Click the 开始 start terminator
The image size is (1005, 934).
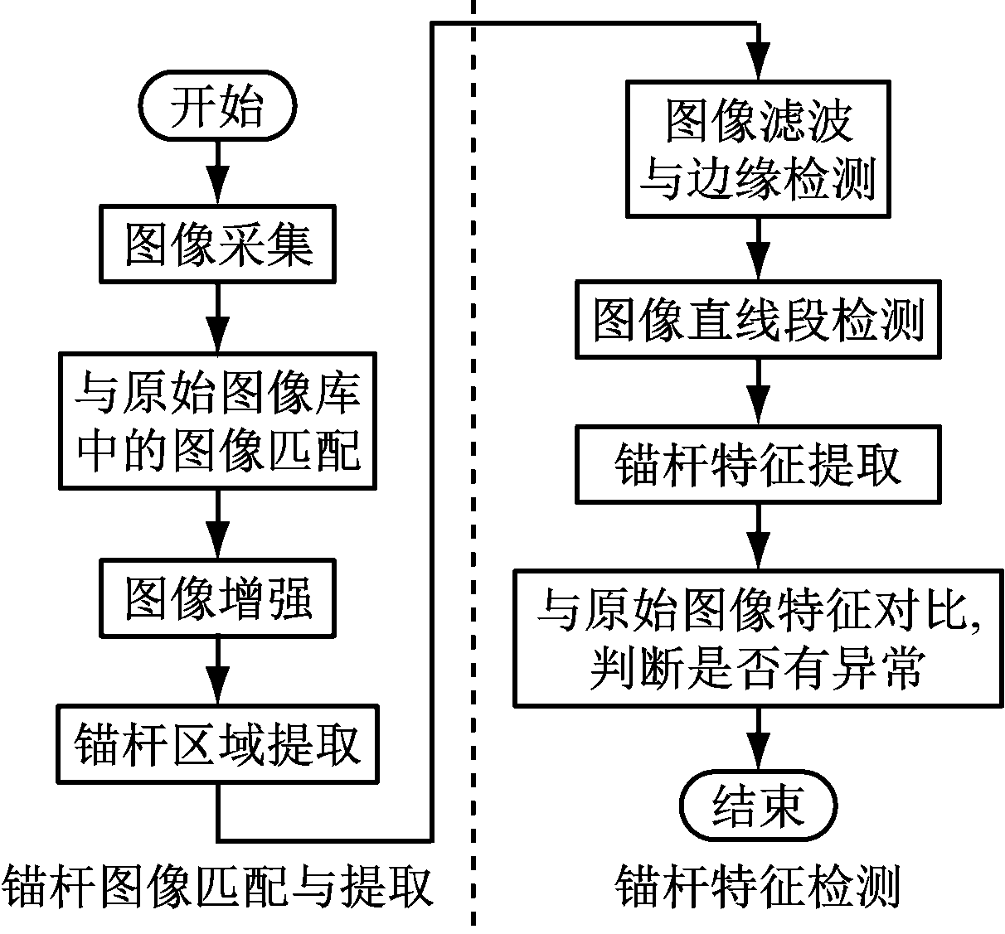point(217,107)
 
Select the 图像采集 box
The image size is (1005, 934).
point(217,244)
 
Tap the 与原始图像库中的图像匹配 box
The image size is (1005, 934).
point(217,421)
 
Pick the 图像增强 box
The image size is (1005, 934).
point(217,598)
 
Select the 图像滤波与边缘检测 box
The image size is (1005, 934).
point(758,149)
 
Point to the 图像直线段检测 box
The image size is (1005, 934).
point(758,319)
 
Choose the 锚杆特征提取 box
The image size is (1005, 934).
point(758,464)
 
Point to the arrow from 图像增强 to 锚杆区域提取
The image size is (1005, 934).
point(217,671)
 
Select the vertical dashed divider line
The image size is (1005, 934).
point(473,497)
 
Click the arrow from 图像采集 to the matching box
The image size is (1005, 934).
point(217,319)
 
